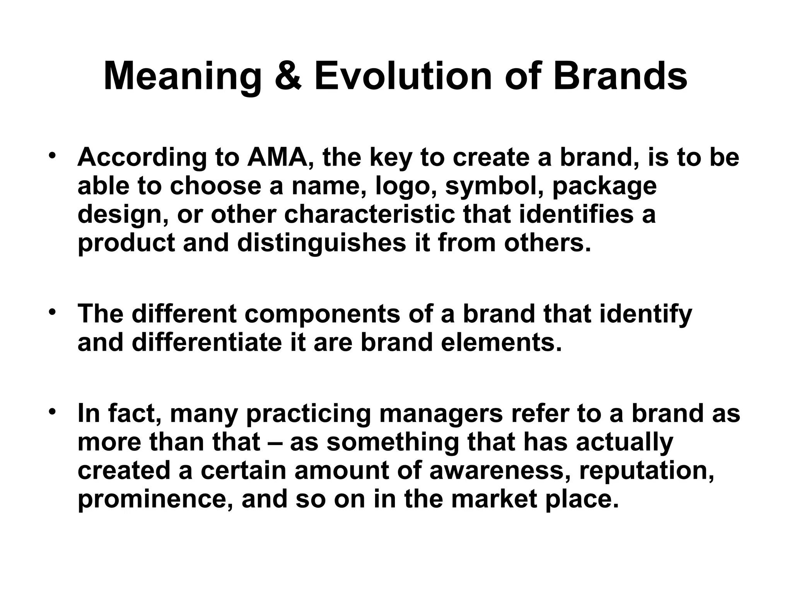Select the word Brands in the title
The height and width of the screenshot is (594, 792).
coord(620,76)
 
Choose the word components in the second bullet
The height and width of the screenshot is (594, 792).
coord(322,314)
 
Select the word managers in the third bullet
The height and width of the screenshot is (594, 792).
coord(441,414)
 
